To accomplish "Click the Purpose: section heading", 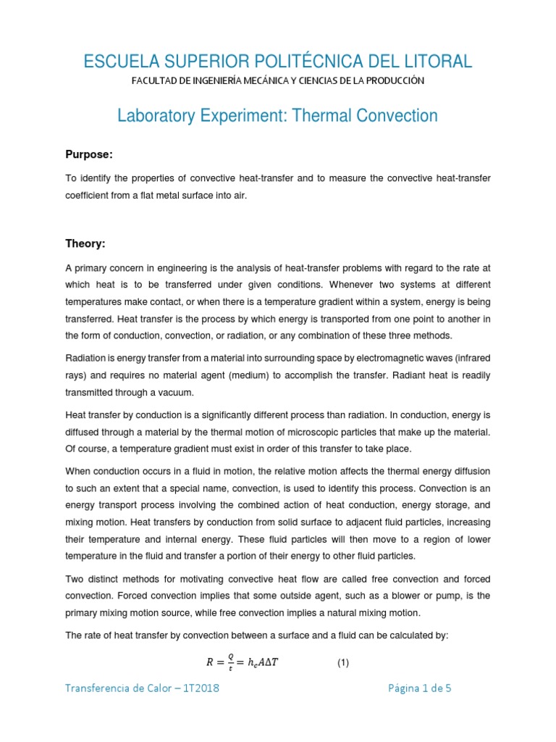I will point(89,155).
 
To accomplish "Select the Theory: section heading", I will point(86,244).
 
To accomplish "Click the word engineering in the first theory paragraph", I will point(181,269).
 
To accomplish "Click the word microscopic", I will point(317,433).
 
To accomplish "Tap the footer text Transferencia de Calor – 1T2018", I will point(143,688).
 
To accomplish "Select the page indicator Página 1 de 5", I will point(419,688).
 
